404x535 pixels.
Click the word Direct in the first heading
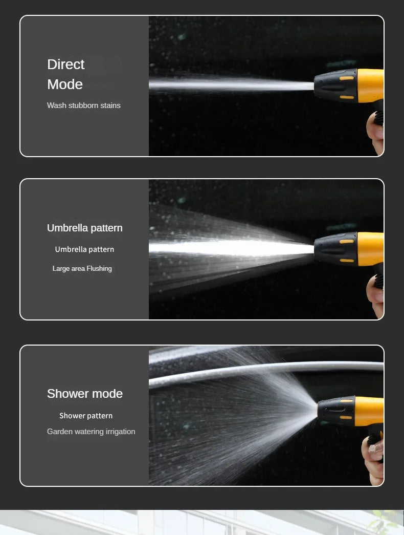tap(65, 65)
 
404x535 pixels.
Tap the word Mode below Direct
tap(64, 84)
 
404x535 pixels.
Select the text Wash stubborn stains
tap(84, 105)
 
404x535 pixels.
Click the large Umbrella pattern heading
tap(85, 228)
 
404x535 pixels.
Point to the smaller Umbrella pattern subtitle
tap(84, 249)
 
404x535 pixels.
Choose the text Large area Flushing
tap(82, 268)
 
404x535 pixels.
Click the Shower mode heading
tap(85, 394)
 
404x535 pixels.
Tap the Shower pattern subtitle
tap(86, 416)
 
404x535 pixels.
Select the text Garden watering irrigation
tap(91, 432)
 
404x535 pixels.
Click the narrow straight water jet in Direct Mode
tap(230, 84)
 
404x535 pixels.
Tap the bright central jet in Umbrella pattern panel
tap(230, 248)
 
